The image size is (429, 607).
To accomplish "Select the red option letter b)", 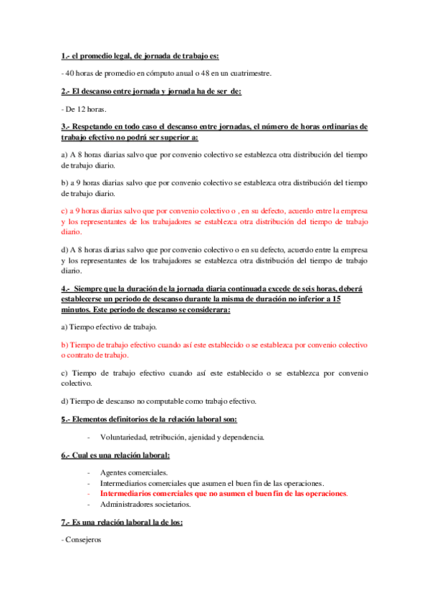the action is pyautogui.click(x=64, y=345).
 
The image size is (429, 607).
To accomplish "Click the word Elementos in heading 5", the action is pyautogui.click(x=95, y=419).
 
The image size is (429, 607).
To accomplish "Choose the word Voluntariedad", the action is pyautogui.click(x=125, y=437).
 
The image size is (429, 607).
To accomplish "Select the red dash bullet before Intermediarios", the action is pyautogui.click(x=88, y=494).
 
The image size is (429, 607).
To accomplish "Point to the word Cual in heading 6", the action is pyautogui.click(x=81, y=455).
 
